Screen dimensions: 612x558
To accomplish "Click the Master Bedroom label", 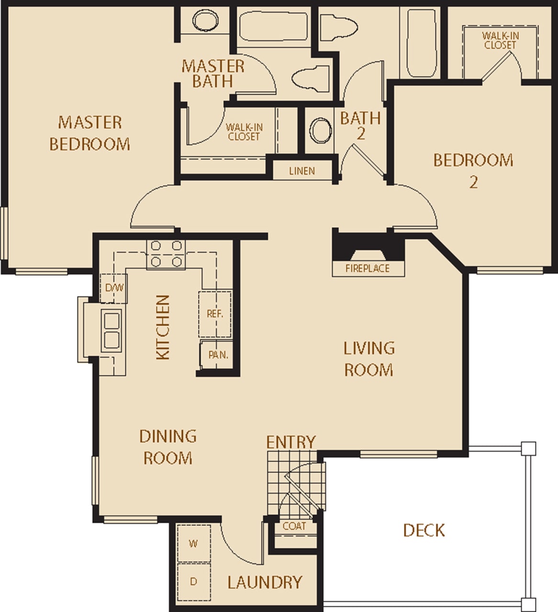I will point(89,133).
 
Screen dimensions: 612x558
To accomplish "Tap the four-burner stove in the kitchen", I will point(166,253).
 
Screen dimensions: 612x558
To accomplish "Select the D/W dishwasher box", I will point(114,288).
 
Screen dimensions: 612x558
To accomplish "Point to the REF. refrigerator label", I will point(215,314).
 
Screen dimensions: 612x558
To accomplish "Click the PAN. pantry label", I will point(218,355).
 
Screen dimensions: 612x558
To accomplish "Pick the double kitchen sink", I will point(112,329).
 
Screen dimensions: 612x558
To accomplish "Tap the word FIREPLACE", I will point(368,268).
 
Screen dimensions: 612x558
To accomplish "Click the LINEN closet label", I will point(302,171).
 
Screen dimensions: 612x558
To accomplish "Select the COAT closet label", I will point(294,526).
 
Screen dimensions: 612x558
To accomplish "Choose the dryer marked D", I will point(193,581).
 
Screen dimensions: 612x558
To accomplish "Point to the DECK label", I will point(424,530).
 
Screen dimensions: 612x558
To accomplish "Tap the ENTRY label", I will point(291,442).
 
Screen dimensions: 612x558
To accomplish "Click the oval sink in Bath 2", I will point(320,130).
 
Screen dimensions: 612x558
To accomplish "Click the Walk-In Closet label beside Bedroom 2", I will point(500,40).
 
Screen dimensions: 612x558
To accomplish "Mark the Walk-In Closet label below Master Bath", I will point(244,132).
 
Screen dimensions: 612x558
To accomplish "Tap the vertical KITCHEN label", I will point(163,327).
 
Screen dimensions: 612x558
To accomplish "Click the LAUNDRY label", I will point(265,582).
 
